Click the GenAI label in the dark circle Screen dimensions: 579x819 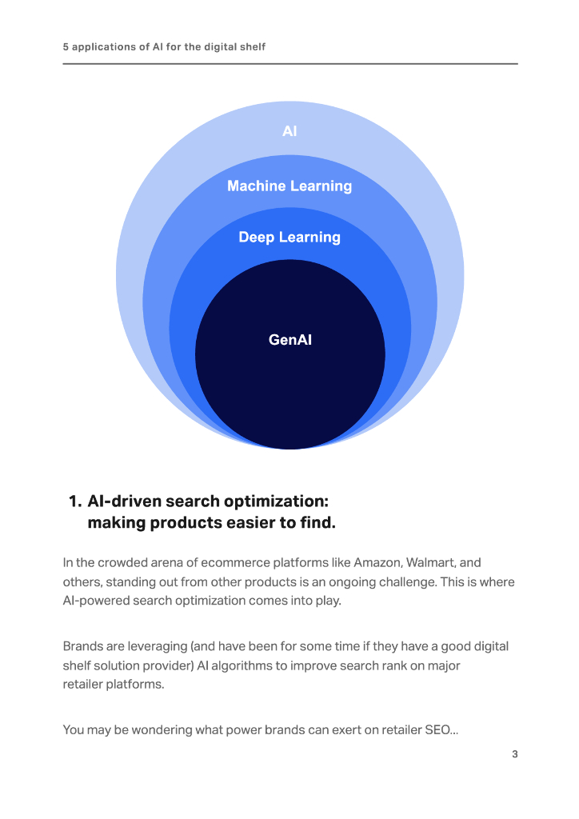(x=289, y=340)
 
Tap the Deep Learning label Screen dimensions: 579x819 (x=289, y=238)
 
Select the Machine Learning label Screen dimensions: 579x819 (x=289, y=186)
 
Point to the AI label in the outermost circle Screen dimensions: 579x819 (x=289, y=131)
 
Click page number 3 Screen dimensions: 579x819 (x=515, y=754)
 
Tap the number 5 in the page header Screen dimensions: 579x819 (x=66, y=47)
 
